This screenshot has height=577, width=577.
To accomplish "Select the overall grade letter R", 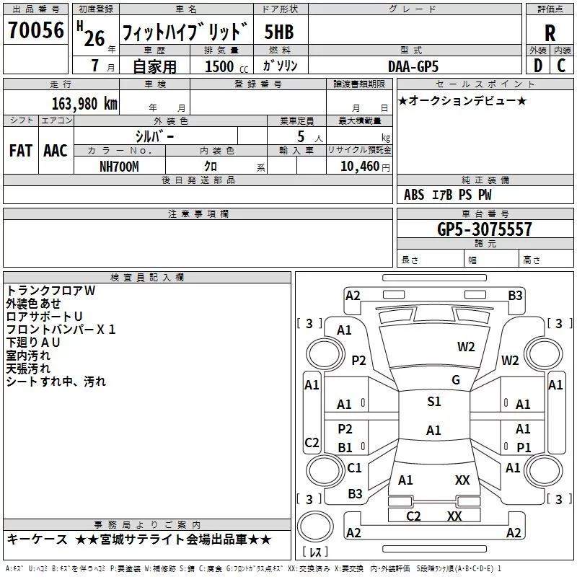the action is [550, 33].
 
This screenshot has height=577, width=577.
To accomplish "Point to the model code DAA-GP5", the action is [413, 66].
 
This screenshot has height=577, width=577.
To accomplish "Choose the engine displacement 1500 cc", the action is [219, 66].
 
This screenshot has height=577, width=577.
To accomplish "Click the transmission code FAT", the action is [20, 150].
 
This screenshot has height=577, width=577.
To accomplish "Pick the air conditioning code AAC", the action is [55, 150].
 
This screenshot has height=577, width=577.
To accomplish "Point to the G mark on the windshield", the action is [456, 379].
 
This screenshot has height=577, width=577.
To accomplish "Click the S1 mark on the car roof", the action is [433, 402].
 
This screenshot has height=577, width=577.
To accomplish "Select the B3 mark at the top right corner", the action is [515, 295].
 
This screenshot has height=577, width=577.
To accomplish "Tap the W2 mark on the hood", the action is [466, 346].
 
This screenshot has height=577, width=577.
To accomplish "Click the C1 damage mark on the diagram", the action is [354, 468].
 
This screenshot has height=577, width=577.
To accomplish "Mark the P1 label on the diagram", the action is [524, 447].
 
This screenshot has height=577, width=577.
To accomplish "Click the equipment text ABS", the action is [414, 194].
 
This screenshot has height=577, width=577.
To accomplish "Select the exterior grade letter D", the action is [537, 66].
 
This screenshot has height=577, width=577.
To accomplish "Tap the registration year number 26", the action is [94, 38].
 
